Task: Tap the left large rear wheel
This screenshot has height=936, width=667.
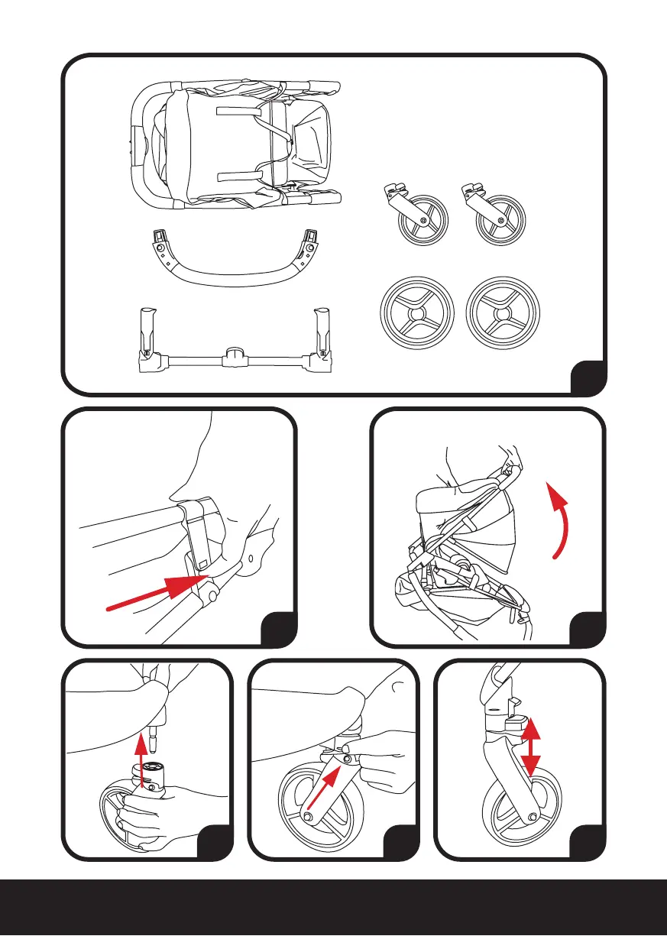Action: (x=416, y=316)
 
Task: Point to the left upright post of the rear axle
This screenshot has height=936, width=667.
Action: (x=147, y=332)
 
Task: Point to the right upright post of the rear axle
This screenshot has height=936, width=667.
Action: (x=322, y=332)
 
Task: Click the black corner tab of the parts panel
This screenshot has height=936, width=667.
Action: (x=590, y=377)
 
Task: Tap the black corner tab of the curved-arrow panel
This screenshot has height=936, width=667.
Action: (x=588, y=629)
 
